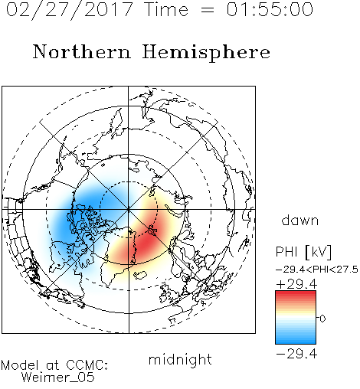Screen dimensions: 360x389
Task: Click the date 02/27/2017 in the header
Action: pyautogui.click(x=69, y=10)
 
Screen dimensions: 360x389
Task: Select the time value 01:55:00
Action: pyautogui.click(x=270, y=9)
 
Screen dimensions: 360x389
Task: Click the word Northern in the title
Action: pyautogui.click(x=82, y=52)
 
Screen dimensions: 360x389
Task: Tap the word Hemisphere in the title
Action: pyautogui.click(x=206, y=53)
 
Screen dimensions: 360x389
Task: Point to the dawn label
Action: pyautogui.click(x=299, y=220)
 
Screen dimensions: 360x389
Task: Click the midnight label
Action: pyautogui.click(x=180, y=359)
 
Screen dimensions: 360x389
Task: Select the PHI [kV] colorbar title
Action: pyautogui.click(x=303, y=252)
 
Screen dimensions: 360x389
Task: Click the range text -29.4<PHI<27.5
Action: pyautogui.click(x=317, y=270)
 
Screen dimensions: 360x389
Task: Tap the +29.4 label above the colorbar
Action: pyautogui.click(x=296, y=284)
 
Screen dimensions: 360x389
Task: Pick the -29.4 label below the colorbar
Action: pyautogui.click(x=296, y=354)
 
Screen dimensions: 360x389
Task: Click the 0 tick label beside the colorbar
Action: pyautogui.click(x=322, y=319)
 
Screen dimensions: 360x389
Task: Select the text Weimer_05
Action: pyautogui.click(x=58, y=378)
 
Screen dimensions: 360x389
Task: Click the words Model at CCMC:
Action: pyautogui.click(x=54, y=365)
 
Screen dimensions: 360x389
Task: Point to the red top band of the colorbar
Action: pyautogui.click(x=296, y=294)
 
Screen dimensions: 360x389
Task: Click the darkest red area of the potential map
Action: pyautogui.click(x=145, y=244)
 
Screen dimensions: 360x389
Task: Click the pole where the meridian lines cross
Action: pyautogui.click(x=129, y=209)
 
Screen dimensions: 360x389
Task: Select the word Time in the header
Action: pyautogui.click(x=166, y=10)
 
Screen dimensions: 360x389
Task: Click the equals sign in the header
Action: pyautogui.click(x=208, y=10)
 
